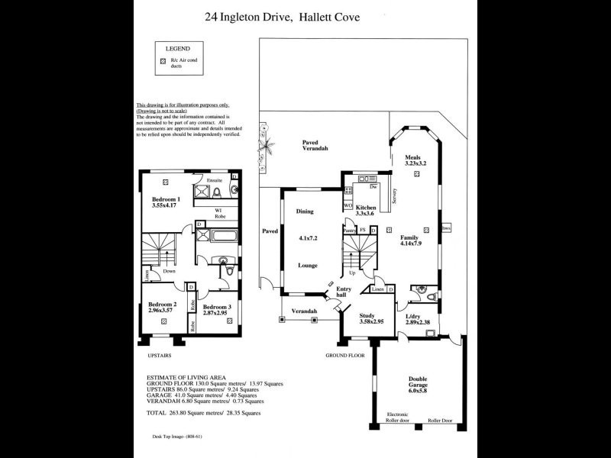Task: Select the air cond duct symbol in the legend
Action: [163, 61]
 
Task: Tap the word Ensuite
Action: [213, 180]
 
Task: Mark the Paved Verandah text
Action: [314, 145]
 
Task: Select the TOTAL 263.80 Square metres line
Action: [203, 413]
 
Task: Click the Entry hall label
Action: [344, 292]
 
